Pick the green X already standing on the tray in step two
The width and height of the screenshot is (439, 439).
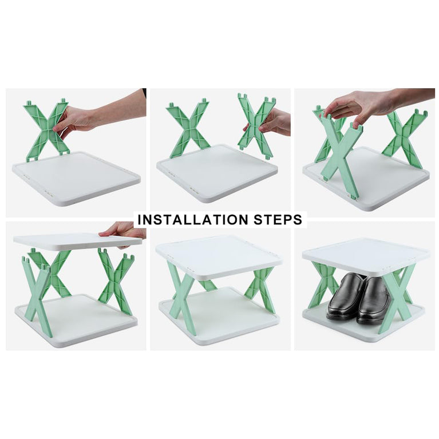(x=188, y=129)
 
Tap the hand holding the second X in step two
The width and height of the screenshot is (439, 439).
(x=276, y=122)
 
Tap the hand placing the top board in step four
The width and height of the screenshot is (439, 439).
(x=121, y=230)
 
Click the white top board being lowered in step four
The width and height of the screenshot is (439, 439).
(x=74, y=241)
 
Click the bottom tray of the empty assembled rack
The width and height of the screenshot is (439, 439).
(x=220, y=321)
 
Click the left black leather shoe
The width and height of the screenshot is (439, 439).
(x=345, y=296)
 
